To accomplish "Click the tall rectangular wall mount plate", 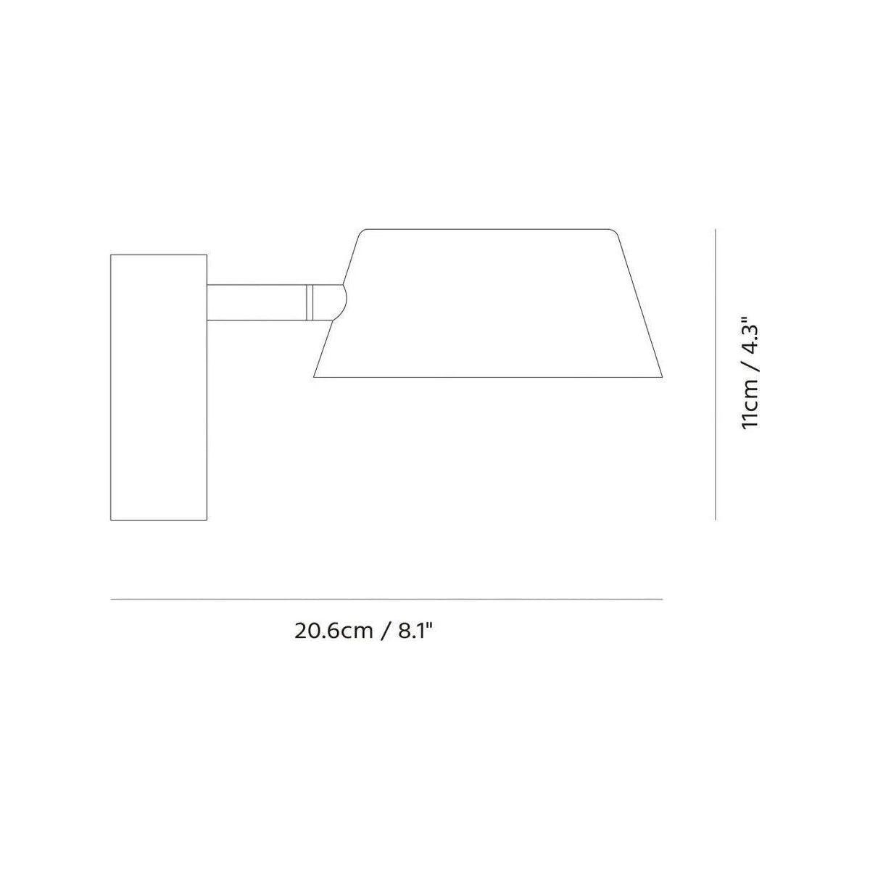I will coord(159,387).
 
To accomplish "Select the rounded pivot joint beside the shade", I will coord(336,301).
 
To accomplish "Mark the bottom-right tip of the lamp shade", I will coord(662,377).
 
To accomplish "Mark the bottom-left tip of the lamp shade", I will coord(315,377).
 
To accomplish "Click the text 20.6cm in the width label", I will coord(333,630).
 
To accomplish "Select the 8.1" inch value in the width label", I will coord(415,630).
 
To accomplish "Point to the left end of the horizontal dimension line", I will coord(111,600).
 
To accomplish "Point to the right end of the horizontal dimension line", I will coord(662,600).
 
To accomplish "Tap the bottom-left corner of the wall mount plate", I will coord(111,520).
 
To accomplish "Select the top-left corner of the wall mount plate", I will coord(111,254).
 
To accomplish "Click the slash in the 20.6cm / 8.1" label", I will coord(385,630).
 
